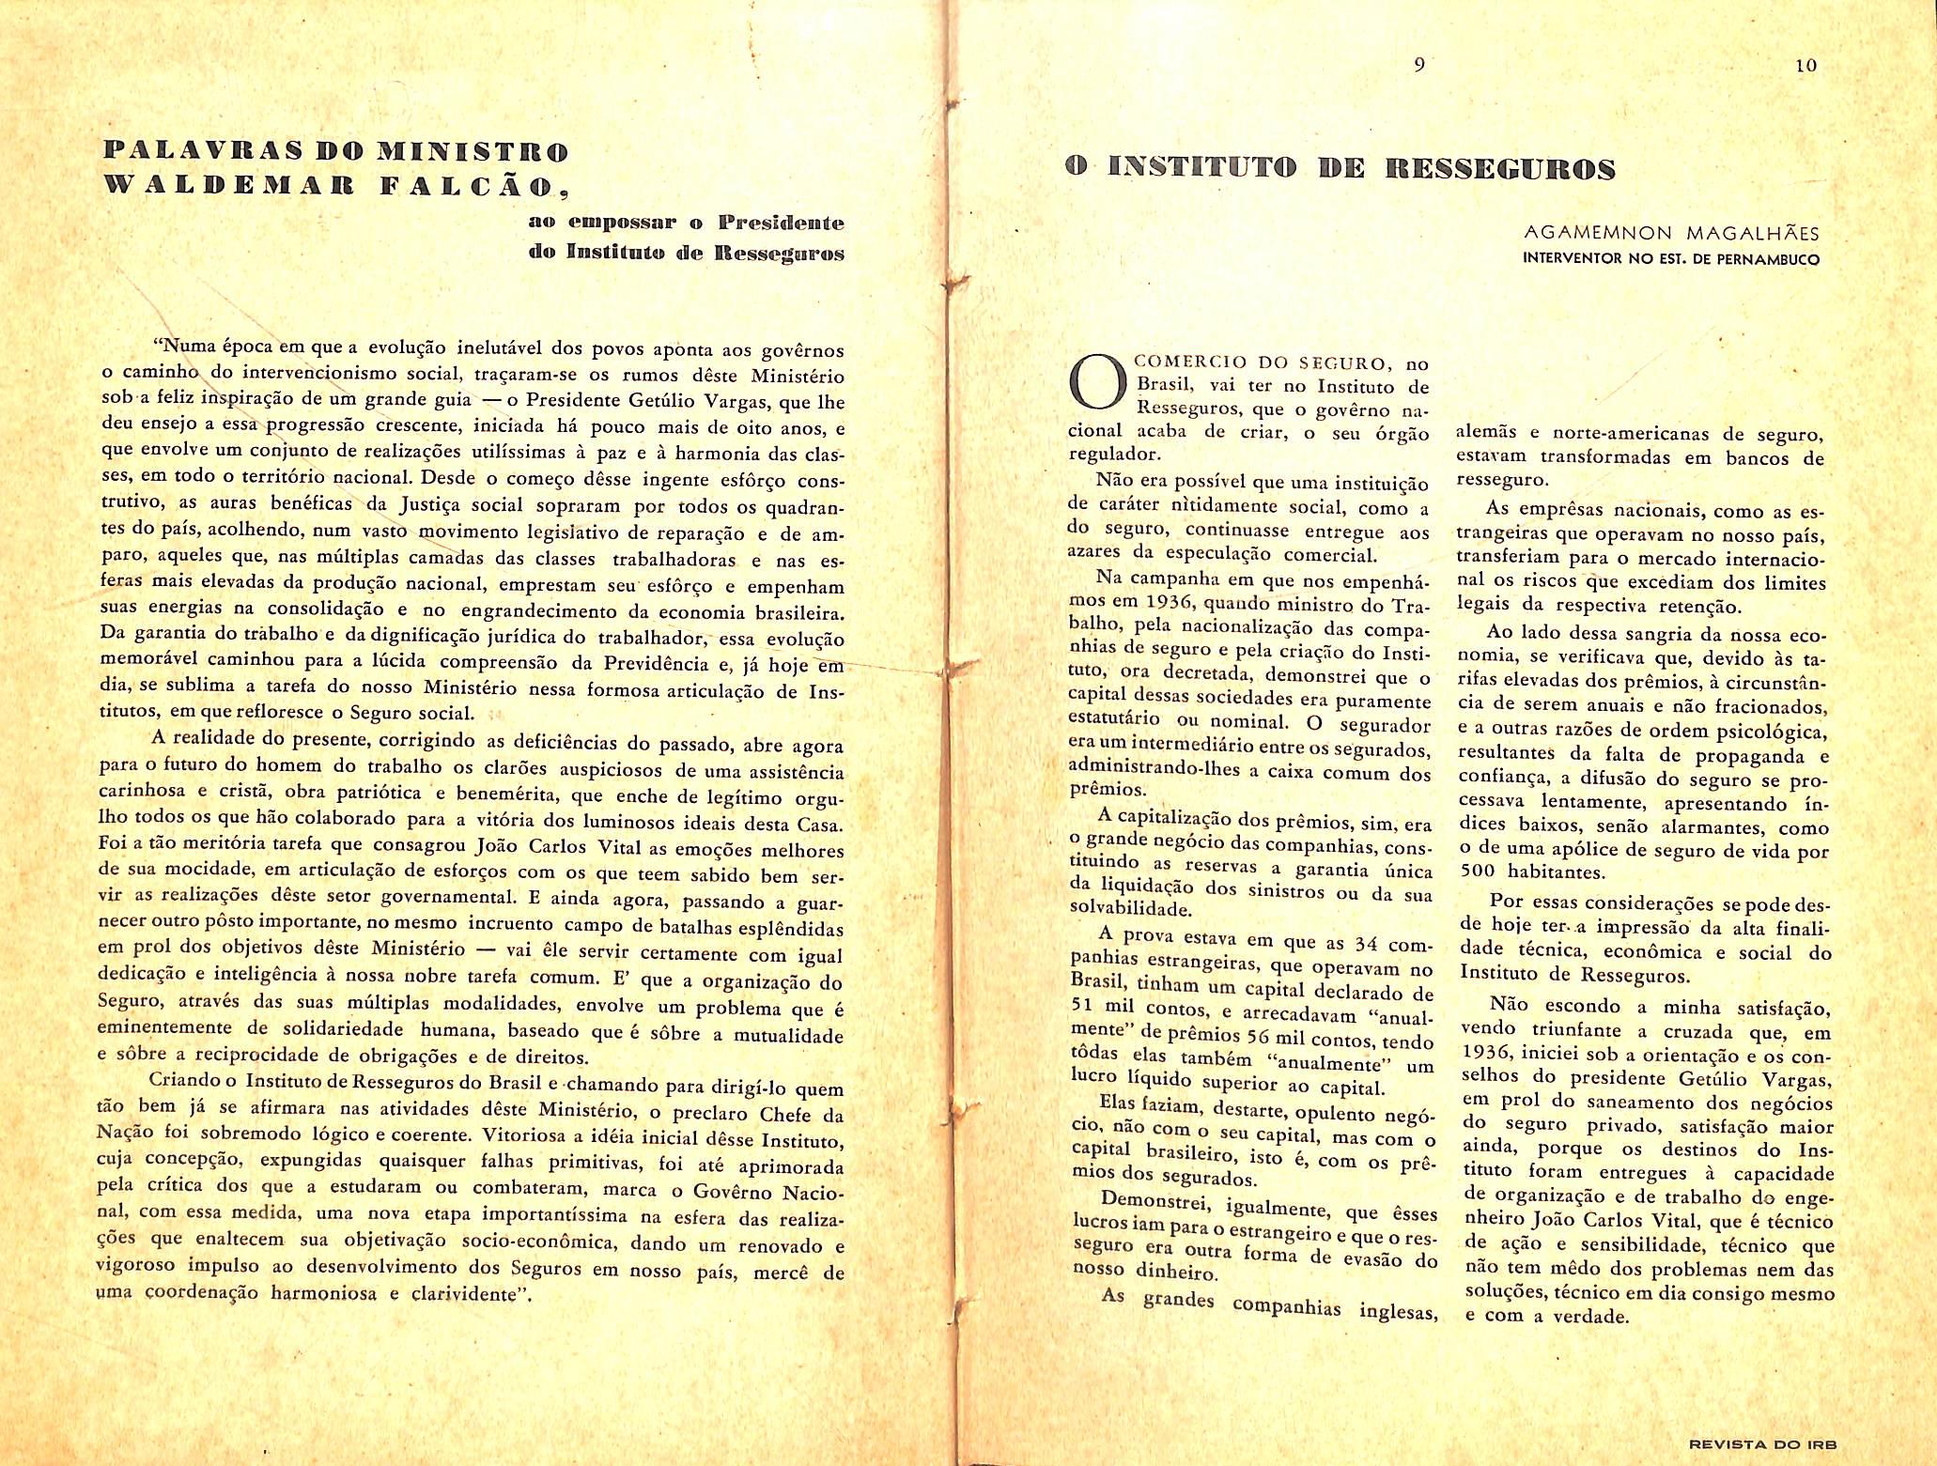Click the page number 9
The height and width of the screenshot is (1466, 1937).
[x=1419, y=65]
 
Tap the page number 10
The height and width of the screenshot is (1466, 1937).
[x=1805, y=66]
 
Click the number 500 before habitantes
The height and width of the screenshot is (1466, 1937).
[x=1480, y=872]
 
